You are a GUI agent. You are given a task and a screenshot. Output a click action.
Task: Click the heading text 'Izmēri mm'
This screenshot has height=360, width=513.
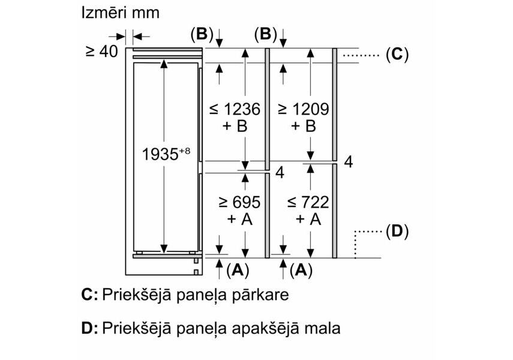121,13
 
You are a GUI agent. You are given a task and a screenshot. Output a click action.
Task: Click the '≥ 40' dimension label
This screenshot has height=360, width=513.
101,52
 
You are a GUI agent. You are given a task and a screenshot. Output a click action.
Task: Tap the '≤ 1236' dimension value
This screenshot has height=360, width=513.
235,109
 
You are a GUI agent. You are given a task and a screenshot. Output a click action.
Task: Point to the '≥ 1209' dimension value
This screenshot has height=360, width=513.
303,109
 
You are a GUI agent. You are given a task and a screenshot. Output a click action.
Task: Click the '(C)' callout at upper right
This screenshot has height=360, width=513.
396,55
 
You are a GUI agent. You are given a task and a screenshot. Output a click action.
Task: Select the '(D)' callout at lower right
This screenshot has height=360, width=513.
396,230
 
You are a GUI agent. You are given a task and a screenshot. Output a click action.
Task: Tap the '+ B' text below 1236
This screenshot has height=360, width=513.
235,126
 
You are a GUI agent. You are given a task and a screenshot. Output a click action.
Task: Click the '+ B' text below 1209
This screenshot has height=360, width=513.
303,126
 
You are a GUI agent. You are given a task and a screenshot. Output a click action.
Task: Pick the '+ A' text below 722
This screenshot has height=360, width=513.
303,220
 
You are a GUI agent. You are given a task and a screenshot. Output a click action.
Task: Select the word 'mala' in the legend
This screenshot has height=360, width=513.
322,329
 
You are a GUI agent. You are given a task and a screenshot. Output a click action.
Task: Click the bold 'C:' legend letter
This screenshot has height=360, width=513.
89,295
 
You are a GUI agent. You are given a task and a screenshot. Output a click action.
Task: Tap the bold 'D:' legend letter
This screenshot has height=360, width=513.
89,328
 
